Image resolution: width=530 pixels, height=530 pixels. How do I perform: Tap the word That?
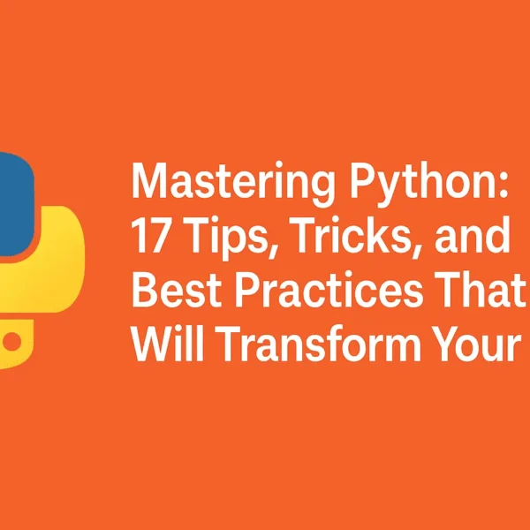pos(485,292)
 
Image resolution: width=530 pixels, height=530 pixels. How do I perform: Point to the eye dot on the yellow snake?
pos(14,340)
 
